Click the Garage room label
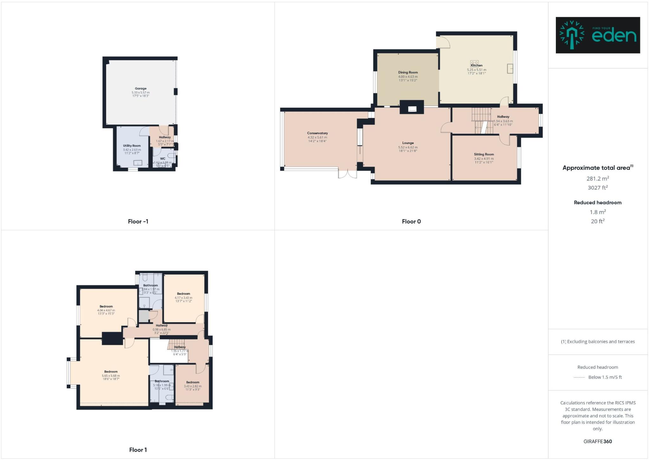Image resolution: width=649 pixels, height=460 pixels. tap(140, 89)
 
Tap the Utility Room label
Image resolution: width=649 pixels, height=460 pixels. tap(132, 146)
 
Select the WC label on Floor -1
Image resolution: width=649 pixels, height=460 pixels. tap(163, 159)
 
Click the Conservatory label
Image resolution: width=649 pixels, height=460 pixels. tap(317, 133)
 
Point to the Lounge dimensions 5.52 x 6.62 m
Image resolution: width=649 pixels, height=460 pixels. tap(408, 147)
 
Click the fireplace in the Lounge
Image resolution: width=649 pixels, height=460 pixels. tap(412, 108)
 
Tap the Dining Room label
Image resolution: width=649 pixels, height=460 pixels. tap(408, 72)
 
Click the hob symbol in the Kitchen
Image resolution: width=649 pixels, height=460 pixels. tap(474, 62)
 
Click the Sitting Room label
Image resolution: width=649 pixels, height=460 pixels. tap(484, 154)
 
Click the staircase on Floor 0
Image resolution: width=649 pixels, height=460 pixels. tap(482, 121)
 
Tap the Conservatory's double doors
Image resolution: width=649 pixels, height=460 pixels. tap(348, 174)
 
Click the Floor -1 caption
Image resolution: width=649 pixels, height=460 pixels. tap(138, 221)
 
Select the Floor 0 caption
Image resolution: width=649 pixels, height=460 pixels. tap(411, 221)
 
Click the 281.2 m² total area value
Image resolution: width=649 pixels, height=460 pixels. tap(597, 179)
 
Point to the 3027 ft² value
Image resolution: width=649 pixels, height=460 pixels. tap(597, 188)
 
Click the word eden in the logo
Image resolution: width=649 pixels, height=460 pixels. tap(614, 36)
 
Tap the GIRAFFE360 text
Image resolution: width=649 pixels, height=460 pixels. tap(597, 441)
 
